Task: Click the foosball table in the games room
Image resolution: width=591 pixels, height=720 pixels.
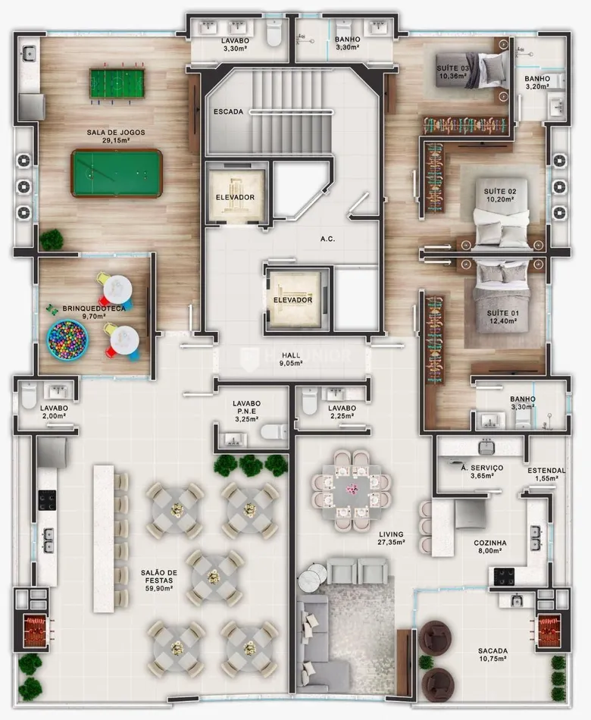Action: pos(117,83)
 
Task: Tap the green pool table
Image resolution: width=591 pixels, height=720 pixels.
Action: pos(117,173)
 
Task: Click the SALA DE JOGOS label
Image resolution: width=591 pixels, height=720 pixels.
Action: pos(116,132)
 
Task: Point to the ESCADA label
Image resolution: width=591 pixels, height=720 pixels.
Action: pos(228,111)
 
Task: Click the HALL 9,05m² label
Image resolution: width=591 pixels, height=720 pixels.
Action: pos(291,359)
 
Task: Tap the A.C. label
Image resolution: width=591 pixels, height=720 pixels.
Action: pos(328,239)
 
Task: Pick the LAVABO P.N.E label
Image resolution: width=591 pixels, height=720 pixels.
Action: pos(246,407)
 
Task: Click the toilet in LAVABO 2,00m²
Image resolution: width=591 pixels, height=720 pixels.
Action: pos(29,395)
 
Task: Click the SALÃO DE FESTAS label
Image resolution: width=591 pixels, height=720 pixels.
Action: pos(159,576)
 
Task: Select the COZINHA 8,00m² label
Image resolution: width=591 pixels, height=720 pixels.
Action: pos(490,546)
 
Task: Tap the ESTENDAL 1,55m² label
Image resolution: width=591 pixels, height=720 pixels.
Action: pos(546,474)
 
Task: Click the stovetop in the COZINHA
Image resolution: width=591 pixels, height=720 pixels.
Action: pos(504,576)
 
